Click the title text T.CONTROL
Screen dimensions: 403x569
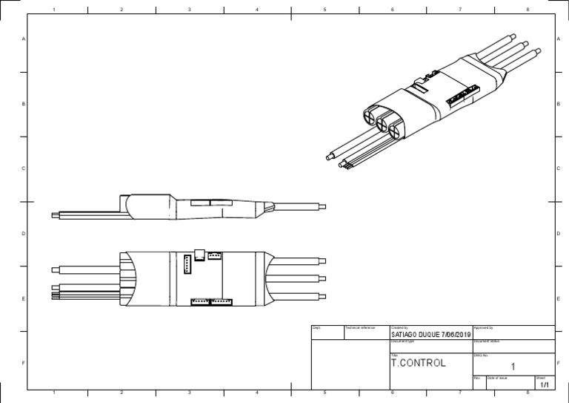[418, 364]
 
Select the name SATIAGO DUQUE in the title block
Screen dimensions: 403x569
[414, 335]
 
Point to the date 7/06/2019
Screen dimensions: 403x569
[456, 335]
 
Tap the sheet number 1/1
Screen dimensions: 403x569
[545, 385]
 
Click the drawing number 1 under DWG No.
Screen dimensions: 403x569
[513, 367]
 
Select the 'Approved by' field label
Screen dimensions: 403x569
[483, 327]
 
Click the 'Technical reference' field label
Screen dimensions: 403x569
[361, 327]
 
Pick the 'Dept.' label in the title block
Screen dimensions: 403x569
[316, 327]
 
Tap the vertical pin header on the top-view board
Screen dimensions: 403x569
[187, 263]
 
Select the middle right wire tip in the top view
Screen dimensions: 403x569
[322, 278]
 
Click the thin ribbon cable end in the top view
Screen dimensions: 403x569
[54, 295]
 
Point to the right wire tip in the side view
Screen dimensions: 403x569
[322, 207]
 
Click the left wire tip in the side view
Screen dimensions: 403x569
[54, 215]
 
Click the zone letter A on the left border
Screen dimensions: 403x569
[24, 39]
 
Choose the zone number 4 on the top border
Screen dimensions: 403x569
[256, 10]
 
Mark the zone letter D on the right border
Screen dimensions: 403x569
[557, 234]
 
